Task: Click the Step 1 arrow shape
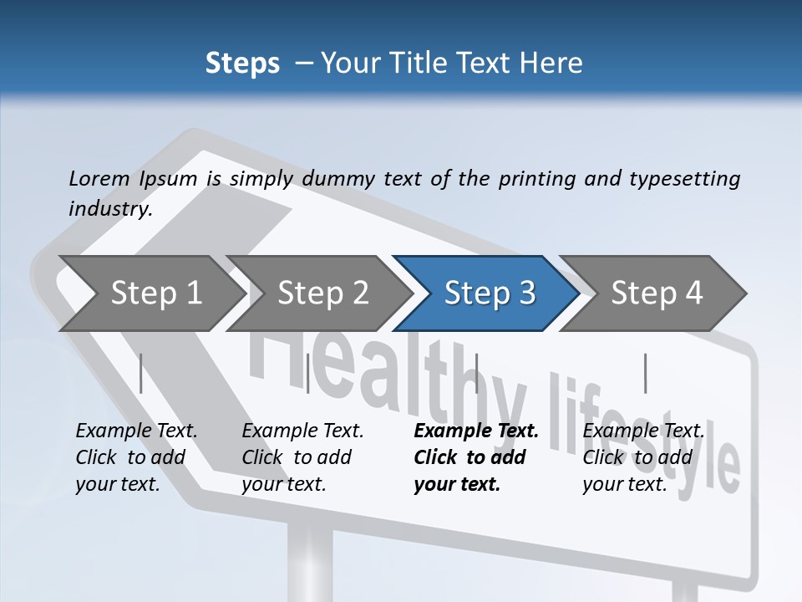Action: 155,293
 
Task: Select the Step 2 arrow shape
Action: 322,293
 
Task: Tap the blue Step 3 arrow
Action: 490,293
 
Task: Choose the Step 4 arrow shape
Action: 657,293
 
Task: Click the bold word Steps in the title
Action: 242,63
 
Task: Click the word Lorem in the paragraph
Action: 99,179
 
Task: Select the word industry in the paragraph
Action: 109,209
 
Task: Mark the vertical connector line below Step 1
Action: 141,373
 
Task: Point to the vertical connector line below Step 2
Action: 308,373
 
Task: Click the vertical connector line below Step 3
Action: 476,373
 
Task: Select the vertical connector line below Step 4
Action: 645,373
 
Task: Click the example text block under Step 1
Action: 136,457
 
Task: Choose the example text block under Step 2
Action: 302,457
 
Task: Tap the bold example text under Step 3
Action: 476,457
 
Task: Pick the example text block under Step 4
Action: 643,457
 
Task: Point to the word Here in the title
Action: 553,63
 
